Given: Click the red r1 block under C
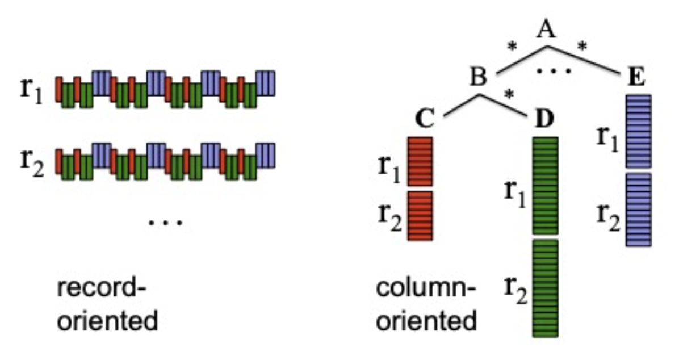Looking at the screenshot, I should click(x=421, y=161).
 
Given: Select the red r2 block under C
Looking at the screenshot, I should click(x=421, y=215).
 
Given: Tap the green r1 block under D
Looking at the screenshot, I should click(x=546, y=186).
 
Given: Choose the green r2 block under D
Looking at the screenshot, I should click(x=546, y=288).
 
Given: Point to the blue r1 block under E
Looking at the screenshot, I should click(x=638, y=132).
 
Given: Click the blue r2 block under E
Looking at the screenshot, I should click(x=638, y=210).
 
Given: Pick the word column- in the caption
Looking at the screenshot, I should click(x=426, y=290).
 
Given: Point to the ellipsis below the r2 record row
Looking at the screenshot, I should click(x=165, y=223).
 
